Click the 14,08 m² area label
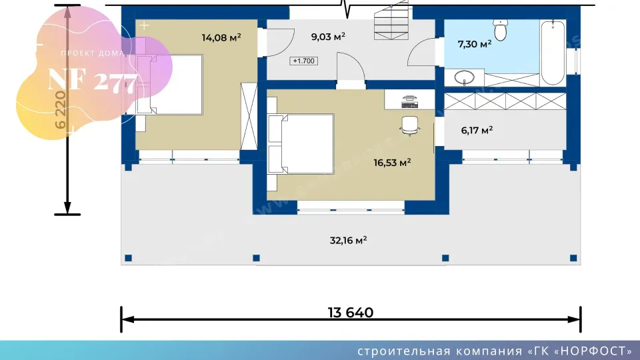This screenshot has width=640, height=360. [x=221, y=37]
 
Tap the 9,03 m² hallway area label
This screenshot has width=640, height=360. [x=328, y=37]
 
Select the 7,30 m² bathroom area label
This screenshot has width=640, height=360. [x=474, y=44]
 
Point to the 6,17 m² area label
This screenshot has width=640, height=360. [x=477, y=130]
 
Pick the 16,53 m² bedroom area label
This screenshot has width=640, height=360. [x=392, y=163]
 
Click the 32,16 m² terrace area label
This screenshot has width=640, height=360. [x=348, y=241]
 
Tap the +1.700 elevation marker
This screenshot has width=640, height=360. [x=304, y=61]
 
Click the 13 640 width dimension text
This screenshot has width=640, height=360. [x=351, y=313]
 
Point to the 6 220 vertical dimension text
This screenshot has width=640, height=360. [x=60, y=110]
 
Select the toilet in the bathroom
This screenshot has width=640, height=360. [x=500, y=30]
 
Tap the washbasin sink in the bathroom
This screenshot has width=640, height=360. [x=464, y=77]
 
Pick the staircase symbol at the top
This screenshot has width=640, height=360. [x=391, y=21]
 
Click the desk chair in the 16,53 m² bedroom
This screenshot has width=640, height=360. [x=410, y=125]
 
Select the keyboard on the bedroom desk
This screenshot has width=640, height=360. [x=409, y=105]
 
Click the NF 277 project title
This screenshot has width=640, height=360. [x=93, y=81]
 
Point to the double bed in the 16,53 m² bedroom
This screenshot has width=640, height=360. [x=301, y=144]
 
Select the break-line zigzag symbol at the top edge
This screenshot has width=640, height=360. [x=347, y=8]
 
